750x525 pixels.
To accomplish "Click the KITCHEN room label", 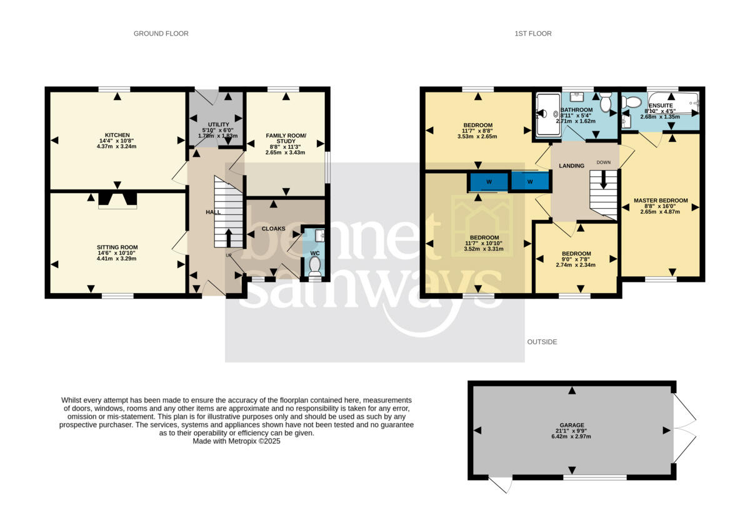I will pos(117,135).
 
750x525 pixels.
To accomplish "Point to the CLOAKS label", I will pos(273,229).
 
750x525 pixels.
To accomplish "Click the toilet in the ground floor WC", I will pos(314,267).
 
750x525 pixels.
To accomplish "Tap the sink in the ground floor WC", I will pos(320,235).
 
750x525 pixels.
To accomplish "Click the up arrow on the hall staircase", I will pos(228,238).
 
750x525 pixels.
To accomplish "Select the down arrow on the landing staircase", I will pos(603,179).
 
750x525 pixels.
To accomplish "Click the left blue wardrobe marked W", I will pos(489,182).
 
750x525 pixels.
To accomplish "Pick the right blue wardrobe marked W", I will pos(530,182).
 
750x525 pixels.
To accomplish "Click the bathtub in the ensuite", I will pos(674,103).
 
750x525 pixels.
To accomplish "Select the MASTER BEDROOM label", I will pos(660,201).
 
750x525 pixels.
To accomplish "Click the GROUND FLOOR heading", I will pos(161,33).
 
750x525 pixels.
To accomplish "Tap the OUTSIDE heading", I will pos(542,342).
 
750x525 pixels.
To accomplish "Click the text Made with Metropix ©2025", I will pos(237,441).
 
